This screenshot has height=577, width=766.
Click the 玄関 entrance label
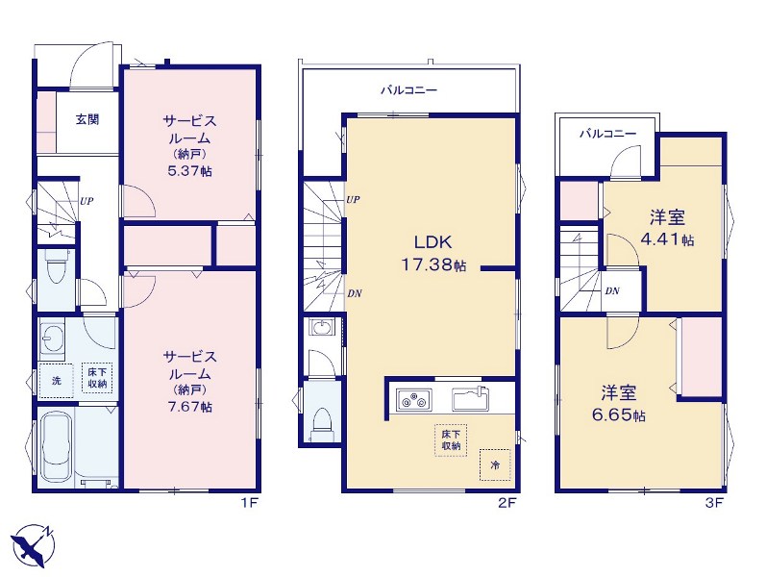pos(87,120)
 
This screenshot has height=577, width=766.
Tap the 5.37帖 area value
pos(190,171)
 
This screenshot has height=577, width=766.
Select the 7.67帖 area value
pos(190,407)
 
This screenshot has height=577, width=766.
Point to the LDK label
pos(432,242)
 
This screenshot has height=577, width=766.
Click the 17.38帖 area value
pos(433,265)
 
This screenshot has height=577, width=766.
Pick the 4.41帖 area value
pos(667,240)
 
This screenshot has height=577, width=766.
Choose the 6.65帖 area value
pos(618,415)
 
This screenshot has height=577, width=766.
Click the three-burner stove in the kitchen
pos(414,398)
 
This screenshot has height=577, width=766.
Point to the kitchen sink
pos(470,398)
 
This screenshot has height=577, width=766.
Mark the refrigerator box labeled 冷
pos(495,464)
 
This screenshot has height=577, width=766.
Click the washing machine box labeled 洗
pos(56,381)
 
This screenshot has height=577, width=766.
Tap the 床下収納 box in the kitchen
pos(451,440)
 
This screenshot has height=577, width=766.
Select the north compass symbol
pos(34,545)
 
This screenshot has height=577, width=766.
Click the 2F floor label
pos(507,503)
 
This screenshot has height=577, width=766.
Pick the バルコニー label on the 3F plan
pos(608,133)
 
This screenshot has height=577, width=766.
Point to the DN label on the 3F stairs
pos(612,291)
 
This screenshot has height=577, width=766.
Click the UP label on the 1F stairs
pos(86,200)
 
